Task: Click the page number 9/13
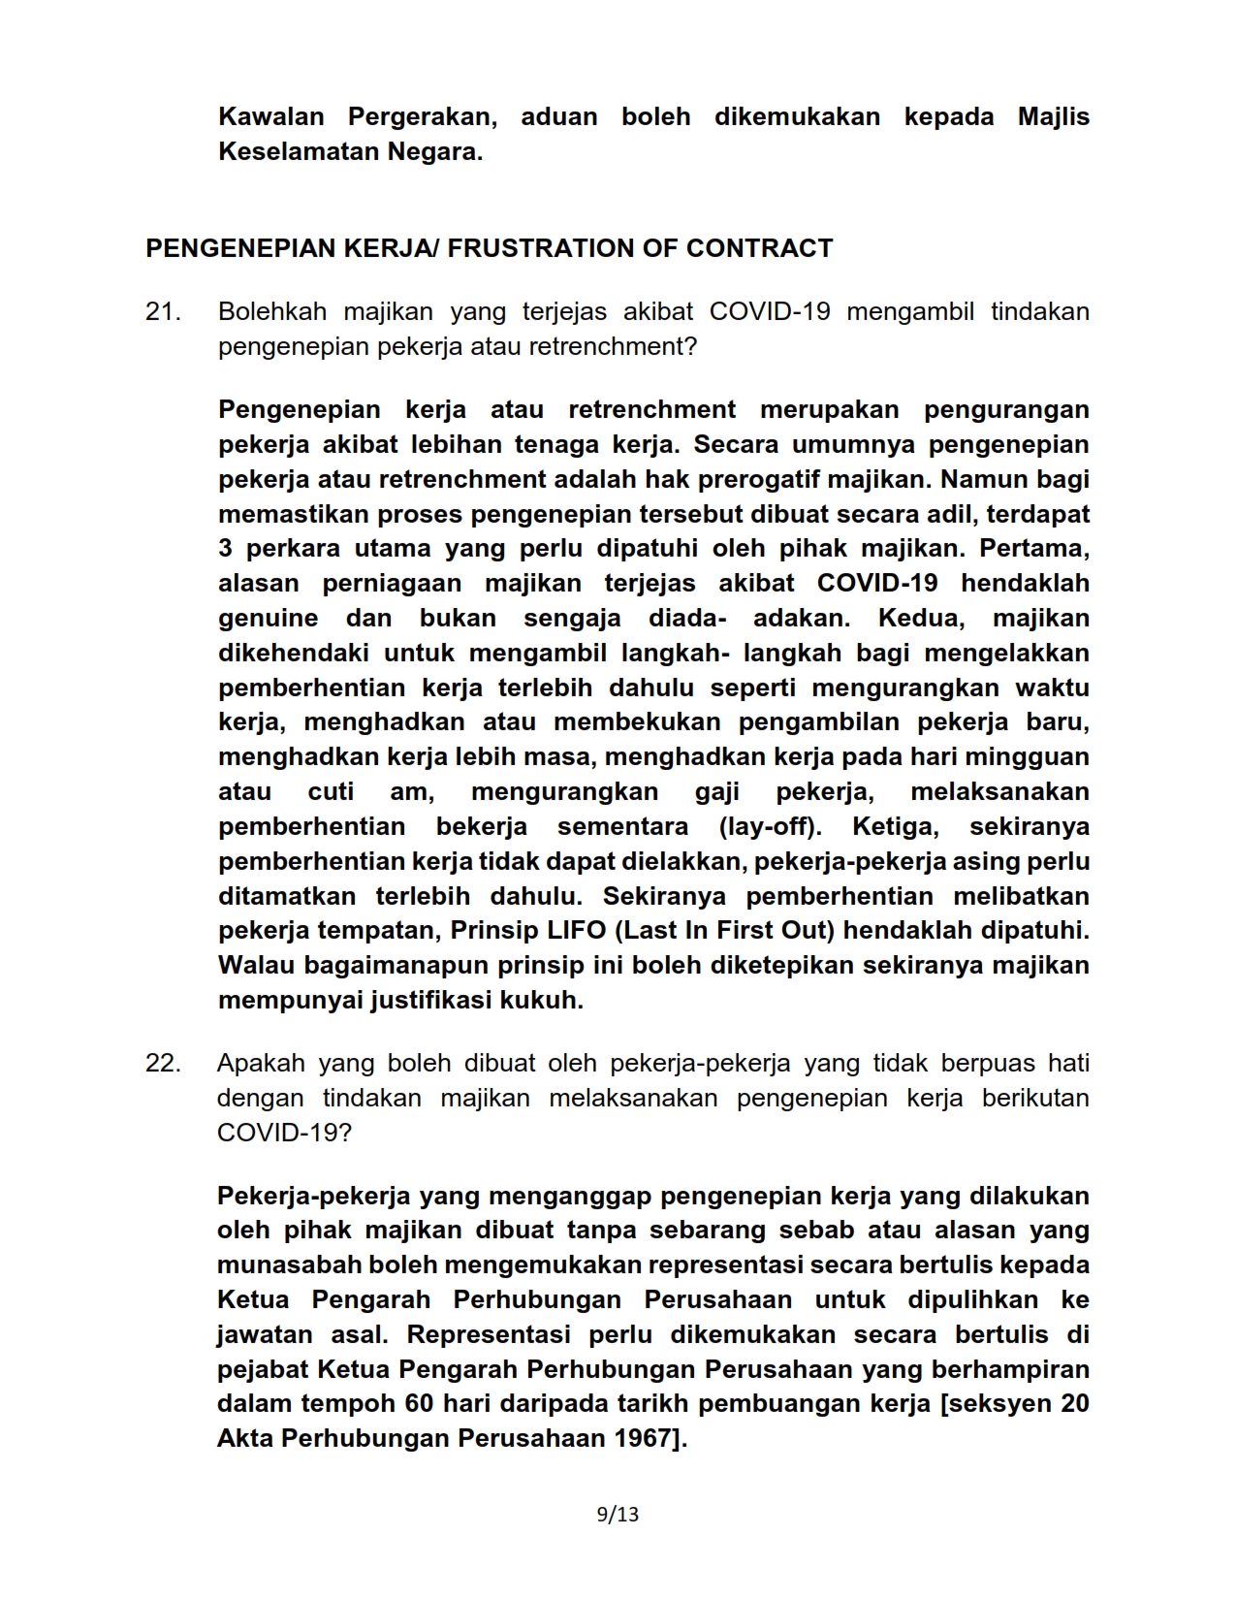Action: [x=618, y=1514]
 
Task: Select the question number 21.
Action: [x=163, y=312]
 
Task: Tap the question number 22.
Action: [x=163, y=1063]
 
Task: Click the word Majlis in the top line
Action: [x=1053, y=117]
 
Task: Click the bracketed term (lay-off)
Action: [x=770, y=826]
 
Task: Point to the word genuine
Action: [x=269, y=619]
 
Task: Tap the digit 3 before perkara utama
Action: [x=225, y=549]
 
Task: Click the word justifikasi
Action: [x=431, y=1001]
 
